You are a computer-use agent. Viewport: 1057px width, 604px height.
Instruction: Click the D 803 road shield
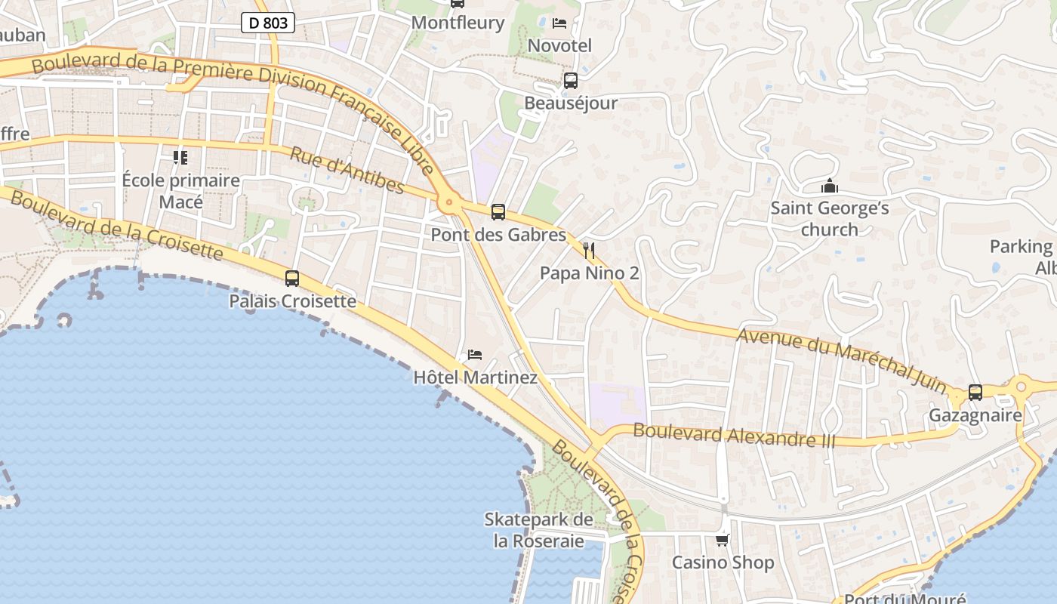[268, 23]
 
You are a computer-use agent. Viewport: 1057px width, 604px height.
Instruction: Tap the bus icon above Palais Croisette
[292, 279]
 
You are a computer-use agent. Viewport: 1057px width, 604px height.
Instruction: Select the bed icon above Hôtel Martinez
[475, 354]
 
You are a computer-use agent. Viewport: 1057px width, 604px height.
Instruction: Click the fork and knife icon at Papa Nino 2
[589, 250]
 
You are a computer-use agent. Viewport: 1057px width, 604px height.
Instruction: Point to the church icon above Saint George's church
[830, 186]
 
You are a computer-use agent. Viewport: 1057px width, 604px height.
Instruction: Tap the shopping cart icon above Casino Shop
[723, 540]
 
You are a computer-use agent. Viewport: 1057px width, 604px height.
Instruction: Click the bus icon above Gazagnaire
[975, 393]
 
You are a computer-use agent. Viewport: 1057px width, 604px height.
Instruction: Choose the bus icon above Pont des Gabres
[498, 212]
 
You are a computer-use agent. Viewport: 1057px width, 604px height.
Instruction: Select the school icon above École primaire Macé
[180, 158]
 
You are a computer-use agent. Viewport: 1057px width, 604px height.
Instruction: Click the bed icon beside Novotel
[559, 23]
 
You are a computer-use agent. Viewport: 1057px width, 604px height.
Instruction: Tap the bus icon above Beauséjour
[571, 81]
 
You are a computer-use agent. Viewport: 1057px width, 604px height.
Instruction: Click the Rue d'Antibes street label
[347, 170]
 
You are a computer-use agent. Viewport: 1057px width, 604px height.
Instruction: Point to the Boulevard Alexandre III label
[734, 435]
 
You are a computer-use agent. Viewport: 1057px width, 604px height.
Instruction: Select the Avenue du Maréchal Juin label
[842, 360]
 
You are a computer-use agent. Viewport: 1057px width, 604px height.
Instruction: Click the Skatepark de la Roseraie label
[538, 530]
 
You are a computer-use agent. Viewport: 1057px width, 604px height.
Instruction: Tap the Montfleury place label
[458, 23]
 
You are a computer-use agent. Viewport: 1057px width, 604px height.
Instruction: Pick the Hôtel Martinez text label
[476, 377]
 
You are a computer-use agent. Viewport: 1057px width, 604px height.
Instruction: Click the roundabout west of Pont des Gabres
[450, 202]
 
